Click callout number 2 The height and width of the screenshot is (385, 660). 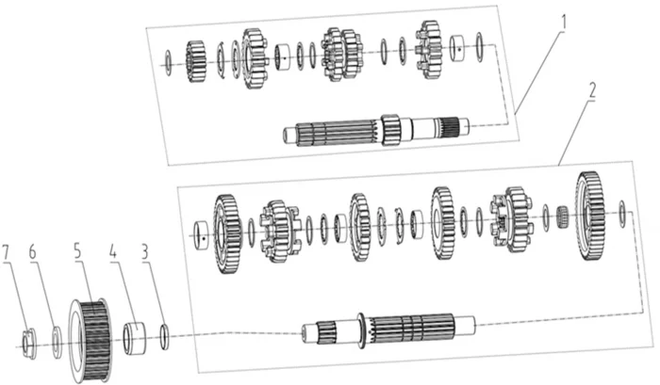click(x=592, y=90)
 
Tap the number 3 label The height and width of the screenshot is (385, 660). click(x=145, y=252)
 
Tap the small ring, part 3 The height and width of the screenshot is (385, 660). click(x=165, y=336)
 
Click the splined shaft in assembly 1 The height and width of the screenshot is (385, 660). click(x=376, y=130)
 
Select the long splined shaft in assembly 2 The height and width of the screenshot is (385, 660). click(x=388, y=331)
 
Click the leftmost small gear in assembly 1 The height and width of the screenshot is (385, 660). click(x=195, y=61)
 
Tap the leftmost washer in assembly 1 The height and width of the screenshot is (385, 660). click(x=168, y=63)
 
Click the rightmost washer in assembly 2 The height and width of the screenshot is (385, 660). click(x=622, y=214)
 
